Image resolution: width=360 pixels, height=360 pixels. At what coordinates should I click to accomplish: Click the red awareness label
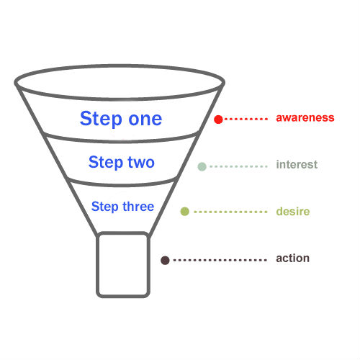[x=305, y=117]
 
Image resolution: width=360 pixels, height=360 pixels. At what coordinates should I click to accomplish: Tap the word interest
[x=297, y=165]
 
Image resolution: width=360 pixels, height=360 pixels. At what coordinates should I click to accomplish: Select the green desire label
[x=293, y=212]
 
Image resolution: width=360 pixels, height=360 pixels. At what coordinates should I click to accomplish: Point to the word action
[x=292, y=258]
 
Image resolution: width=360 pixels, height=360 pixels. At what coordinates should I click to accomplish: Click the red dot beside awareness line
[x=218, y=120]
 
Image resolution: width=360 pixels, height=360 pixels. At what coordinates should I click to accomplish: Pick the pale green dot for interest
[x=202, y=166]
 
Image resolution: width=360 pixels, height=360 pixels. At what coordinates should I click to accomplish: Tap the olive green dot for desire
[x=185, y=212]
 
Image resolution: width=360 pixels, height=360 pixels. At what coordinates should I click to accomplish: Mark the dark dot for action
[x=165, y=260]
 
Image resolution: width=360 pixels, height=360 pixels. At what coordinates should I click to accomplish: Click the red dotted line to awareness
[x=246, y=119]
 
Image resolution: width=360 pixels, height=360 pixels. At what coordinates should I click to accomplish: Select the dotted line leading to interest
[x=238, y=166]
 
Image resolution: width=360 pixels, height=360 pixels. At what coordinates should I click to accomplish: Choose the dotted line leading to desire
[x=230, y=212]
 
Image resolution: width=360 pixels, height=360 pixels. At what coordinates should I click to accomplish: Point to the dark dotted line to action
[x=220, y=260]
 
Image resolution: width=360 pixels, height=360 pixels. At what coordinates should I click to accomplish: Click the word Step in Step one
[x=101, y=119]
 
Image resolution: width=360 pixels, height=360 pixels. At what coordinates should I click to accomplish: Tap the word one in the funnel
[x=145, y=120]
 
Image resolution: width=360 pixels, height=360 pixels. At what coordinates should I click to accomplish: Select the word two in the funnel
[x=141, y=163]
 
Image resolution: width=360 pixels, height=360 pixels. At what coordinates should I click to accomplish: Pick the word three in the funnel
[x=138, y=207]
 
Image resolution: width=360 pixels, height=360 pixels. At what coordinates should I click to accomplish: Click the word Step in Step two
[x=106, y=163]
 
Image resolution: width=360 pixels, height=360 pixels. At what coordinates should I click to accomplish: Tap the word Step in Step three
[x=105, y=207]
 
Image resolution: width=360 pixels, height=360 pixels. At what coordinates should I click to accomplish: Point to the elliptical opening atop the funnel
[x=120, y=66]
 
